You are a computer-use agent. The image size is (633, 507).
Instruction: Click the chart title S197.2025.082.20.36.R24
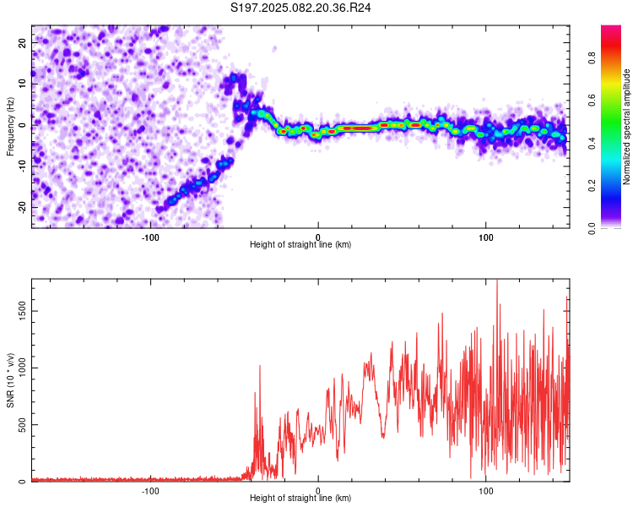coord(300,8)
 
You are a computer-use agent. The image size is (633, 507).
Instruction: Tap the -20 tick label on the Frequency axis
coord(23,207)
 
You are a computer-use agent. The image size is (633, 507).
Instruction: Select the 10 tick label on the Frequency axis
coord(23,84)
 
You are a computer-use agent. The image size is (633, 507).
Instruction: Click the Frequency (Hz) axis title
coord(10,127)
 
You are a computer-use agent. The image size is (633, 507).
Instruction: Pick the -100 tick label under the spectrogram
coord(150,237)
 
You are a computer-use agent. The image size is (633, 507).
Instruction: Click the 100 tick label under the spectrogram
coord(485,237)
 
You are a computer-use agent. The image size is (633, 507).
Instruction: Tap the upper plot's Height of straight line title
coord(300,244)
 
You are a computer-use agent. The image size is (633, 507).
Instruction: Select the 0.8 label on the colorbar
coord(592,57)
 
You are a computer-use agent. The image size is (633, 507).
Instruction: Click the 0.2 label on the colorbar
coord(592,185)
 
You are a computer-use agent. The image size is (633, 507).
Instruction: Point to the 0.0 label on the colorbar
coord(592,228)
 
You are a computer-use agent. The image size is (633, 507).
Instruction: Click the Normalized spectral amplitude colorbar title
coord(626,127)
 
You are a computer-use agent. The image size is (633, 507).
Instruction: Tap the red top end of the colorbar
coord(611,27)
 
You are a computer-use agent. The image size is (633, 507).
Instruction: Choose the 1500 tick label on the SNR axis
coord(23,311)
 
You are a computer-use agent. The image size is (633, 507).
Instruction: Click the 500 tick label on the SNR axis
coord(23,424)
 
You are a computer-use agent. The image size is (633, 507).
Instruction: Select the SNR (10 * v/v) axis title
coord(10,380)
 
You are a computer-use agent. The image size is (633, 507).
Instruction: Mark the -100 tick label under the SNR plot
coord(150,491)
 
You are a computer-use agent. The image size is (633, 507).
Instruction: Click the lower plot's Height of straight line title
coord(300,498)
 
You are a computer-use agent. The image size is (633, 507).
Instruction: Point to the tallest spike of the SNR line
coord(497,281)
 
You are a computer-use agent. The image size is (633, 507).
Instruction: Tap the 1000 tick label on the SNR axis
coord(23,368)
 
